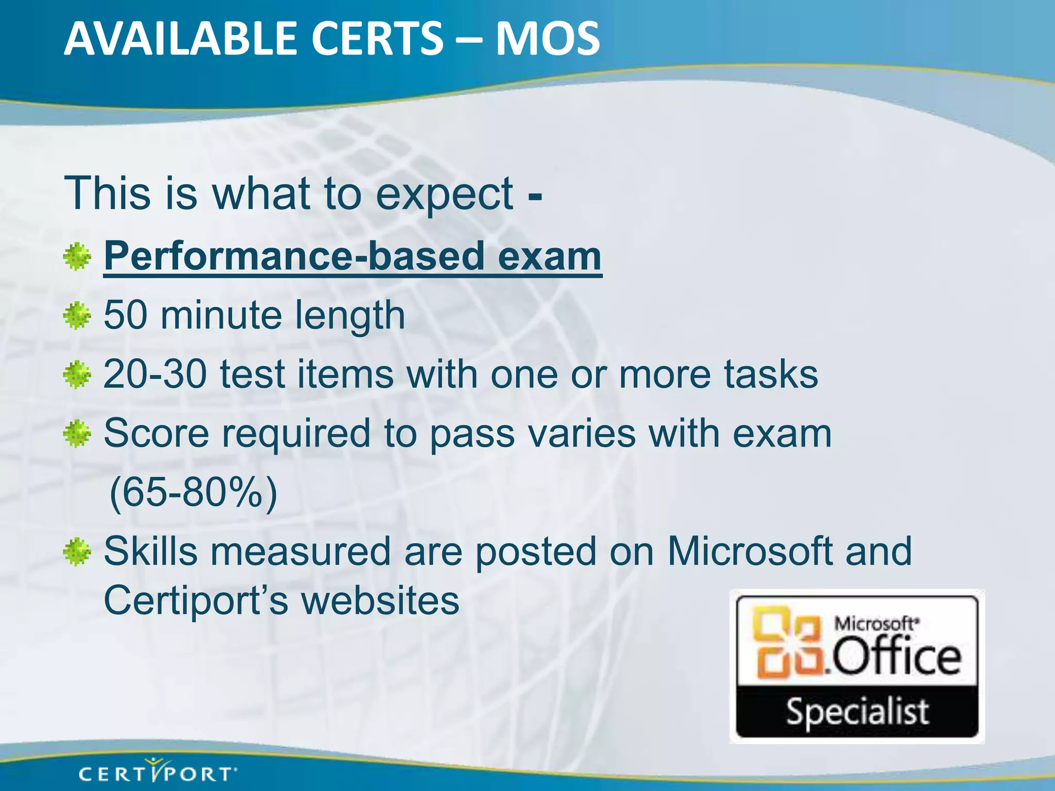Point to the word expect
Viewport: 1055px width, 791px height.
click(x=444, y=195)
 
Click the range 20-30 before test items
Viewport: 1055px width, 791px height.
click(x=155, y=374)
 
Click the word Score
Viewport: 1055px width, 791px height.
click(x=157, y=433)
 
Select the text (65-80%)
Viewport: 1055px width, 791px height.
click(x=194, y=493)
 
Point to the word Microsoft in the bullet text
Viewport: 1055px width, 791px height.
click(x=750, y=552)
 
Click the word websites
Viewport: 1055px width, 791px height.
click(x=380, y=600)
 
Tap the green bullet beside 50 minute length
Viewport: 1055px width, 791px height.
click(x=77, y=316)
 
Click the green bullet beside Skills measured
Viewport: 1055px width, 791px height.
click(x=77, y=552)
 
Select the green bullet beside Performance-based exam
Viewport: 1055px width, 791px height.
click(x=77, y=257)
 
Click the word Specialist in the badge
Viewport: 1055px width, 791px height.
click(x=857, y=712)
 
